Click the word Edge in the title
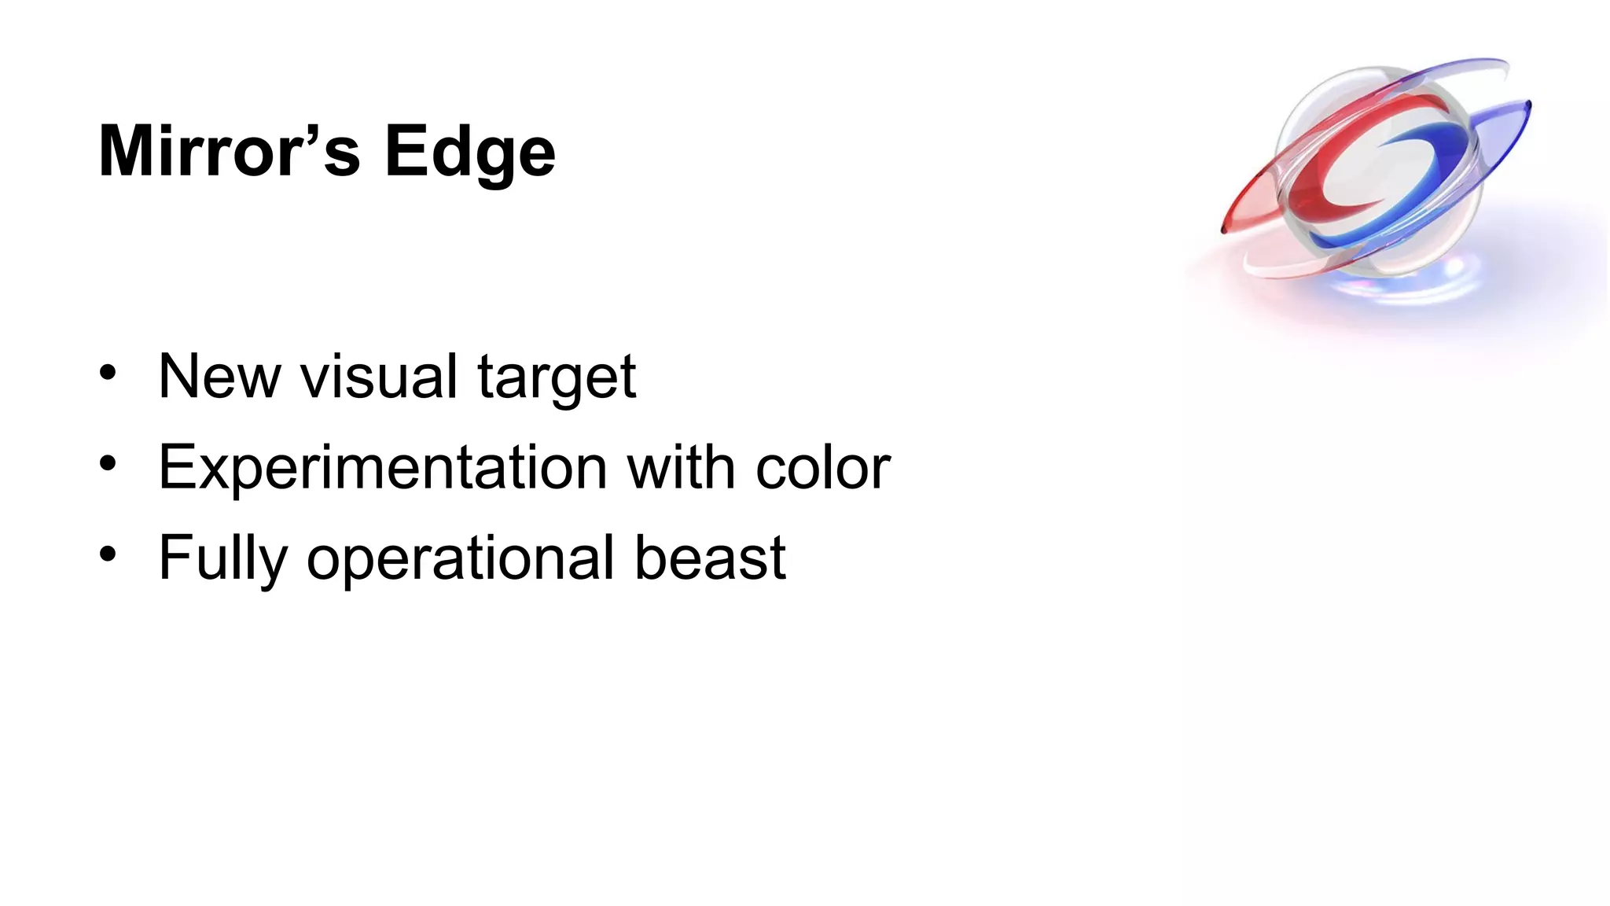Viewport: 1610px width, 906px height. pos(469,153)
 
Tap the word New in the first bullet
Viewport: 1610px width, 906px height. pos(219,377)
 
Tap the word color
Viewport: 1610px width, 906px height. pos(823,469)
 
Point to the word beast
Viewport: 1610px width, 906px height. pos(710,558)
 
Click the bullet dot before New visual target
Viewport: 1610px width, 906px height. pos(108,373)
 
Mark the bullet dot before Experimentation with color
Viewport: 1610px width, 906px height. pos(108,463)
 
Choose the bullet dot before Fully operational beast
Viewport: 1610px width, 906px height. pos(108,554)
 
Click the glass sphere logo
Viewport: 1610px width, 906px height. pos(1377,169)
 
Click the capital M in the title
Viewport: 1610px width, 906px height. pos(127,152)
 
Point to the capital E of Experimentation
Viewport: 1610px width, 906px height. pos(176,467)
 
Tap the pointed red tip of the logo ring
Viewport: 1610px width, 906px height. pos(1224,229)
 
